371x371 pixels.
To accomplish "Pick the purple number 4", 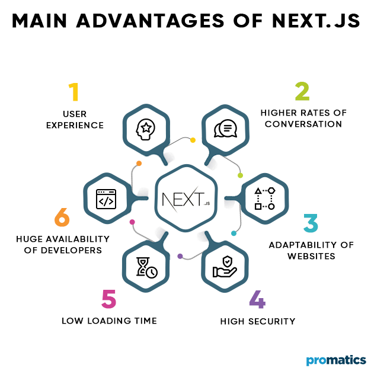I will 257,299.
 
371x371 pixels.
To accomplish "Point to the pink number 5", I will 108,299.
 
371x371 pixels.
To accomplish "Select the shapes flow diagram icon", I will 264,199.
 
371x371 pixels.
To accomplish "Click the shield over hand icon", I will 225,267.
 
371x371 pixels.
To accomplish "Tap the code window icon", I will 105,199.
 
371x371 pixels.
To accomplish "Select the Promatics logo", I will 336,360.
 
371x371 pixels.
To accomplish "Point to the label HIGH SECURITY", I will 257,321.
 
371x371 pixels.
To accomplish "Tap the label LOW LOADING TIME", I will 109,321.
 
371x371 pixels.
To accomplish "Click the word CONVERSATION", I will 303,124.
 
